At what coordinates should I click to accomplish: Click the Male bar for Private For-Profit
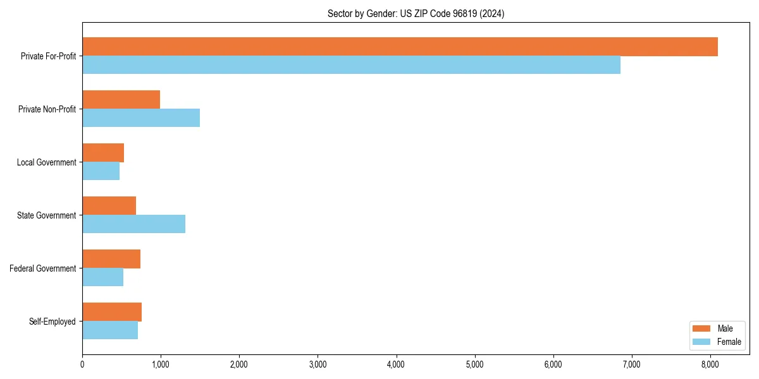(400, 47)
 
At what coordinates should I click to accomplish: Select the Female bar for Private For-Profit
(351, 65)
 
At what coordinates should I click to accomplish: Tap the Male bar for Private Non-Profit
(121, 100)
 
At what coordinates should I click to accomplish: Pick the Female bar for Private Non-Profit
(141, 118)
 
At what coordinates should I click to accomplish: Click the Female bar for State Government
(133, 224)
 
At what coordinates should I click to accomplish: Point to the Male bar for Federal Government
(111, 259)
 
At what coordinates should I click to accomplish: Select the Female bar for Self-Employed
(110, 330)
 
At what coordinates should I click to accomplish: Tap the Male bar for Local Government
(103, 153)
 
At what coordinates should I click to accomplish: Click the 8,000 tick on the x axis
(710, 364)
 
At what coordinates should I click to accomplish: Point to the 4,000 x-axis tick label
(396, 364)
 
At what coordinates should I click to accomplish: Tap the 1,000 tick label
(161, 364)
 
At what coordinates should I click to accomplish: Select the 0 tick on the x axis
(82, 364)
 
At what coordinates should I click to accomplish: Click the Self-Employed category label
(52, 322)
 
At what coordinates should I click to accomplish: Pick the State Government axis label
(46, 215)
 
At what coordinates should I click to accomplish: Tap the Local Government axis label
(46, 162)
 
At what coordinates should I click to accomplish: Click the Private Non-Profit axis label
(47, 109)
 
